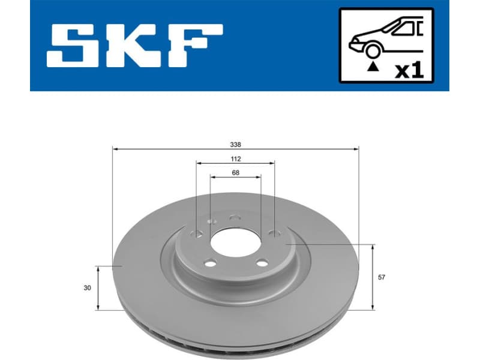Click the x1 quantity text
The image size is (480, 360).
(410, 70)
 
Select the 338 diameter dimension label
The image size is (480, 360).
(235, 144)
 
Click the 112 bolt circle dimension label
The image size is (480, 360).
(235, 159)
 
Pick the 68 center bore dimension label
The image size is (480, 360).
(235, 173)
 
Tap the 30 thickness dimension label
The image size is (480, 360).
(88, 288)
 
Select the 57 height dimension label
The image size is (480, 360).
(383, 278)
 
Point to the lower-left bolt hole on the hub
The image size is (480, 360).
(209, 262)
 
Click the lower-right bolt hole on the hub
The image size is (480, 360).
(262, 262)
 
